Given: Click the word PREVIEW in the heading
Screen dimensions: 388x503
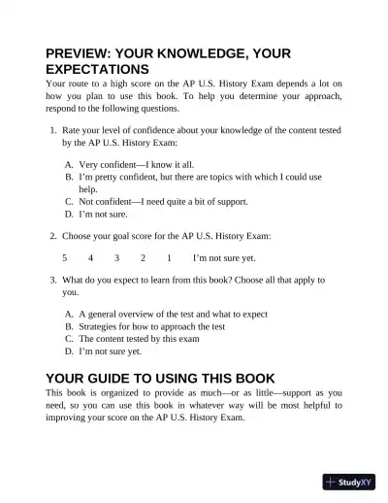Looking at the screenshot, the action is point(80,53).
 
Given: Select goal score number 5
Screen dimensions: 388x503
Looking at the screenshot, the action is point(65,258).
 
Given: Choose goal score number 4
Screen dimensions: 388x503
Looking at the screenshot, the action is point(90,258).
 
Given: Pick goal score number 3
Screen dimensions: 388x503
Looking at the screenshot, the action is point(116,258).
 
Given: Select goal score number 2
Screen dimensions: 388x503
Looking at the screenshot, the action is point(143,258).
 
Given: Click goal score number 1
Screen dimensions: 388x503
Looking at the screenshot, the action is point(169,258).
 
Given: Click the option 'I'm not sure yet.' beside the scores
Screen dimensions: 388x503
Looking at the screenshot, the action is point(224,258).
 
